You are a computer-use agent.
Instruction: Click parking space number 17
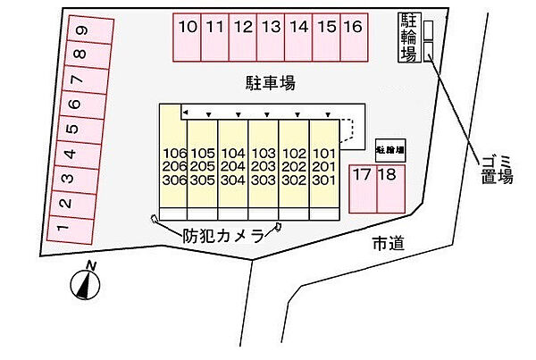pyautogui.click(x=362, y=188)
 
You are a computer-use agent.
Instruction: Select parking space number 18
pyautogui.click(x=388, y=188)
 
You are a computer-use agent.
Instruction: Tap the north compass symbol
pyautogui.click(x=86, y=282)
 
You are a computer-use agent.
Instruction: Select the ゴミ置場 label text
pyautogui.click(x=497, y=168)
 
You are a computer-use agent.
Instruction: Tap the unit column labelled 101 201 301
pyautogui.click(x=322, y=166)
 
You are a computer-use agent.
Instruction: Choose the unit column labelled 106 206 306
pyautogui.click(x=175, y=166)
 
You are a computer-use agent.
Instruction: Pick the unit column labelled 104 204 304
pyautogui.click(x=234, y=166)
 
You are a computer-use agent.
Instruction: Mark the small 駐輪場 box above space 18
pyautogui.click(x=390, y=149)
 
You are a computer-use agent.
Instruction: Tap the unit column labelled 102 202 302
pyautogui.click(x=294, y=166)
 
